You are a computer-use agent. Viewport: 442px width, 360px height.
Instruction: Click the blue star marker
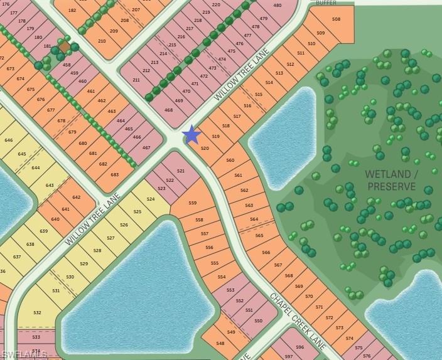(x=191, y=134)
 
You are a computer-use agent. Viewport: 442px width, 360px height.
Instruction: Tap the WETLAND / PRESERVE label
(x=391, y=180)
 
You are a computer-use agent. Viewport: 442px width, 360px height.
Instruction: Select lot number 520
(x=205, y=149)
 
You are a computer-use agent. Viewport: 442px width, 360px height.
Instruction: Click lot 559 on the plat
(x=193, y=203)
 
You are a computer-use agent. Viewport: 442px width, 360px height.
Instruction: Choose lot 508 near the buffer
(x=337, y=19)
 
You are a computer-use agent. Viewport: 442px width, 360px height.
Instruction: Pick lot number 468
(x=168, y=110)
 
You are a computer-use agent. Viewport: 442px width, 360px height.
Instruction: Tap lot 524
(x=151, y=199)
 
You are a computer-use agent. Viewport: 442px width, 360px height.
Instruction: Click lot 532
(x=38, y=312)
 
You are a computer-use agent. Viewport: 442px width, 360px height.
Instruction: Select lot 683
(x=114, y=174)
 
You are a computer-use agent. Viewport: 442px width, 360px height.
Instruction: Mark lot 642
(x=76, y=198)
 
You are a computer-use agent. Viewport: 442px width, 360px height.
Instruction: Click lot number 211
(x=136, y=80)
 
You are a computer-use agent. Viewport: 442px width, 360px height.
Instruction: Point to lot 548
(x=220, y=343)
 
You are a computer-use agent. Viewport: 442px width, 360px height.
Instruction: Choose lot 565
(x=259, y=236)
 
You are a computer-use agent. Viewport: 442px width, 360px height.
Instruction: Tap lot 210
(x=102, y=41)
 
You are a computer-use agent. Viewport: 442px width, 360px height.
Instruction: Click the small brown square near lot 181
(x=65, y=47)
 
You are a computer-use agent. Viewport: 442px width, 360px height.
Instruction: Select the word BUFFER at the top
(x=326, y=3)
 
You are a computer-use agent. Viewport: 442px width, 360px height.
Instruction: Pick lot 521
(x=181, y=171)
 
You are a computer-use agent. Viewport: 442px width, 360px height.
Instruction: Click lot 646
(x=9, y=140)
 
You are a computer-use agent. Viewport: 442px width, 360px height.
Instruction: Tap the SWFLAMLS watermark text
(x=24, y=354)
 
